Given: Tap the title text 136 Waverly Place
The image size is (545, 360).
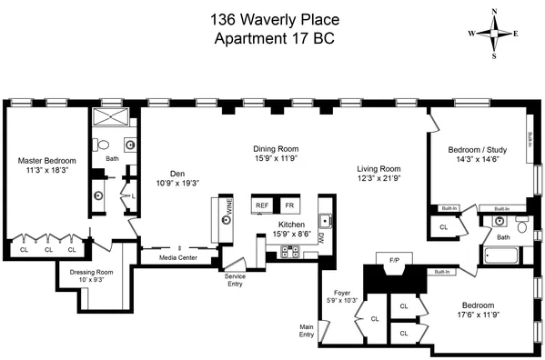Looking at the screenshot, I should pyautogui.click(x=272, y=18).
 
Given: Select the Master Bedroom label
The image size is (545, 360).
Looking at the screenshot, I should pyautogui.click(x=47, y=161).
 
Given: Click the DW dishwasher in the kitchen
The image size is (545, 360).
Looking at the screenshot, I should pyautogui.click(x=321, y=240).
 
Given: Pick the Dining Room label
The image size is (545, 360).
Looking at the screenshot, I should pyautogui.click(x=276, y=149).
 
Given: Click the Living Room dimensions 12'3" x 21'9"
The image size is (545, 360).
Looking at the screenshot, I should pyautogui.click(x=378, y=179).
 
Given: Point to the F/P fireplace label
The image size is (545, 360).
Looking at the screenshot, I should pyautogui.click(x=395, y=260).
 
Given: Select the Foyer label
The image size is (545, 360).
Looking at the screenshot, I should pyautogui.click(x=342, y=293).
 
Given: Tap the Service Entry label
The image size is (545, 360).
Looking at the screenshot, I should pyautogui.click(x=235, y=280).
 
